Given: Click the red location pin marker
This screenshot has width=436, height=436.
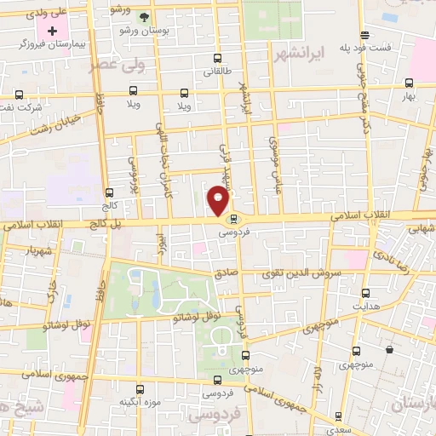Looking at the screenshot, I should point(219,201).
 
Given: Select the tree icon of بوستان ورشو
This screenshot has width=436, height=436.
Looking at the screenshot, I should point(143,17).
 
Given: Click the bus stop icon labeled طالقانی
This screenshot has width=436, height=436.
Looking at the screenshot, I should point(218,60).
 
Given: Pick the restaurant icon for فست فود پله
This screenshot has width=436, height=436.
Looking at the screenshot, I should point(364,35).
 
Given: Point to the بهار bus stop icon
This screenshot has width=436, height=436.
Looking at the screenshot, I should point(410,83).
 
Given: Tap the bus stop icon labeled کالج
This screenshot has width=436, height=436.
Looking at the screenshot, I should point(108,192).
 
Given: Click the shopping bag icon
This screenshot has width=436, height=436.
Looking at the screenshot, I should point(389,349).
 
